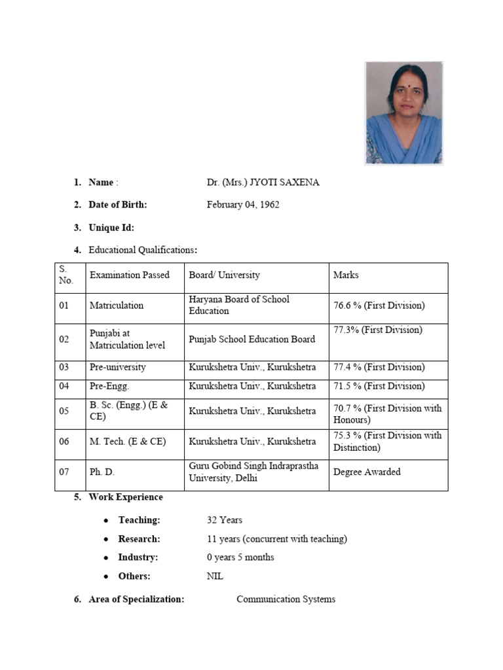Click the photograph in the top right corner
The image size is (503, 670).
(x=403, y=113)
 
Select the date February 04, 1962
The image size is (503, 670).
(x=243, y=205)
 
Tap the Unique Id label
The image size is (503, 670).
(x=111, y=228)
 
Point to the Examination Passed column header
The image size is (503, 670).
(x=129, y=275)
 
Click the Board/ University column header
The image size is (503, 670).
(x=224, y=275)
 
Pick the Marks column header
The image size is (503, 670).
(x=346, y=275)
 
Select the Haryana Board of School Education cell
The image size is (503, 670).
(x=239, y=306)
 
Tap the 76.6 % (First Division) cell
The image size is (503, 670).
(x=379, y=306)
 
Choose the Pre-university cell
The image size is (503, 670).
(x=118, y=368)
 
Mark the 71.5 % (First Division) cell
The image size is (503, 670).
(x=379, y=387)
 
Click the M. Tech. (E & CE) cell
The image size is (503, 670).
(x=128, y=442)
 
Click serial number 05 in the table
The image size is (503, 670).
(x=64, y=412)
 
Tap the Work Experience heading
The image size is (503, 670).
(x=126, y=497)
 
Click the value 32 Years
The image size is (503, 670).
(x=225, y=520)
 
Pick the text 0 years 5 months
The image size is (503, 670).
(x=240, y=557)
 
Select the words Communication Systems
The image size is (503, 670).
(x=286, y=599)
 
